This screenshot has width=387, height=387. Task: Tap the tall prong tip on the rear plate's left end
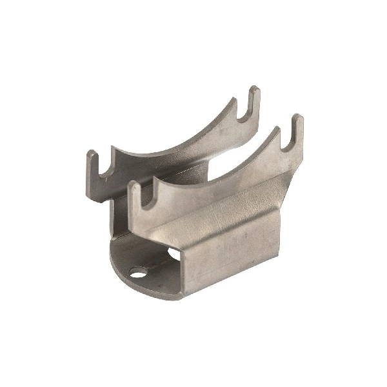click(x=92, y=155)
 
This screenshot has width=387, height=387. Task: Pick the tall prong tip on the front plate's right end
click(x=297, y=120)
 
